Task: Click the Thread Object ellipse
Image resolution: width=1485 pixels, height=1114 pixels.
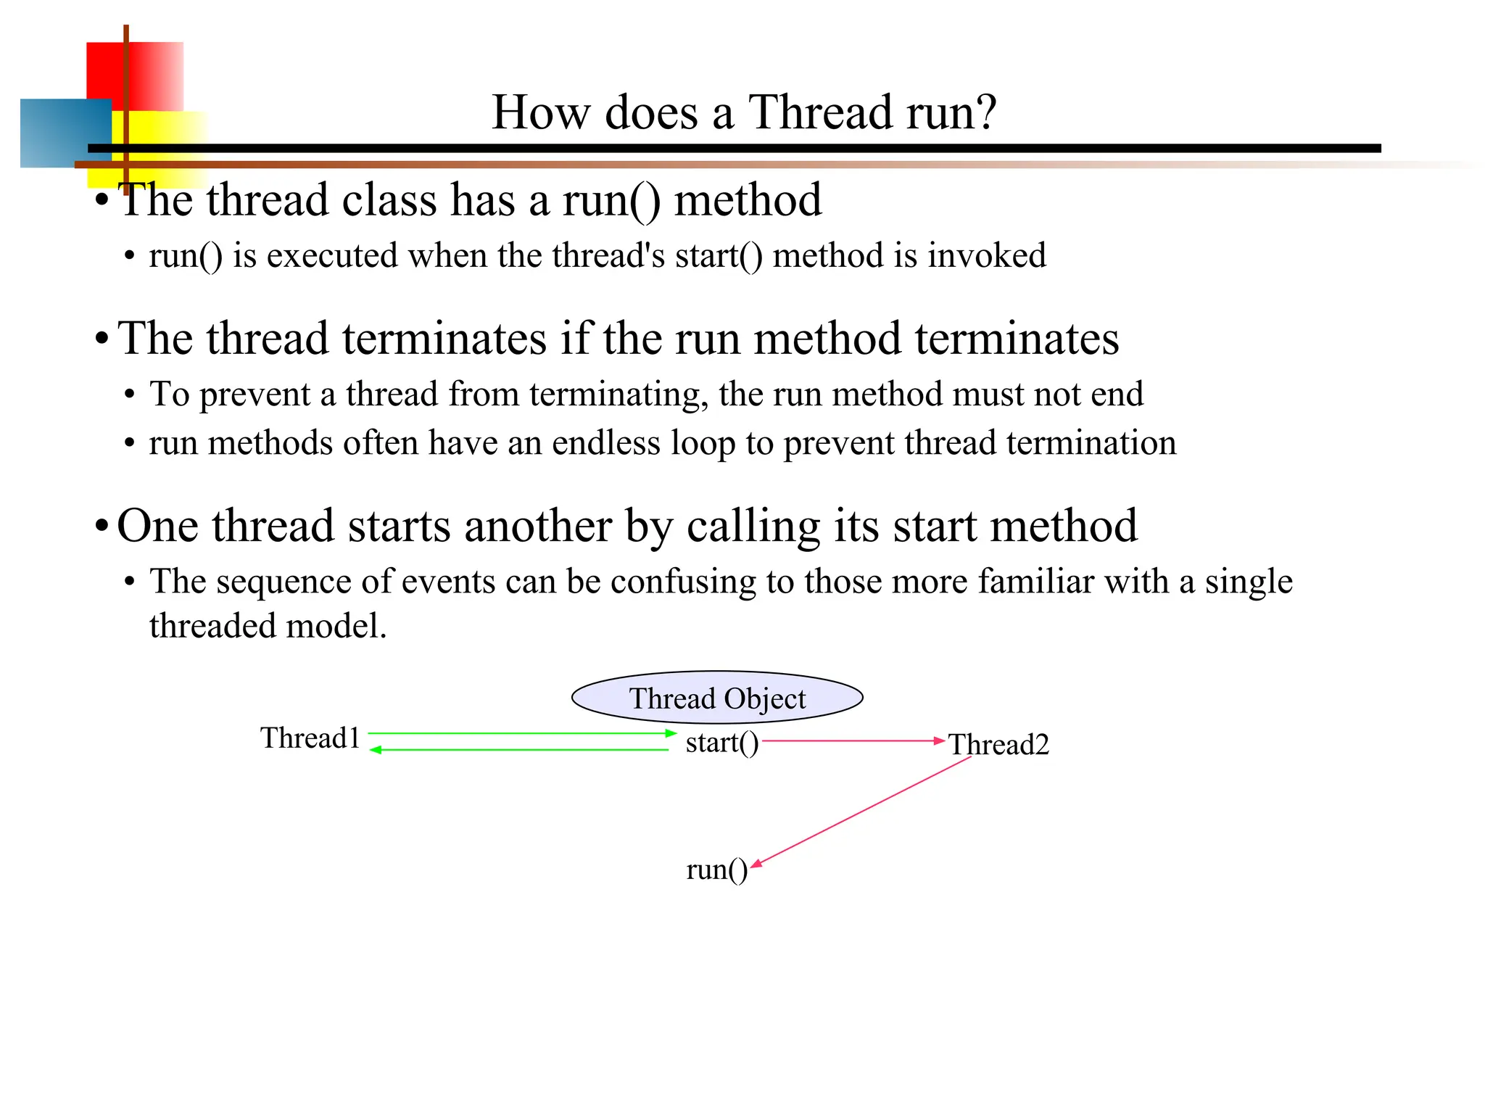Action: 717,697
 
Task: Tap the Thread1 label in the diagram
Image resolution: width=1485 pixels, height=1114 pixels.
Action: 310,738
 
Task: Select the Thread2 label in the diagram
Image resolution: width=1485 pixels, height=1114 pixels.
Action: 998,745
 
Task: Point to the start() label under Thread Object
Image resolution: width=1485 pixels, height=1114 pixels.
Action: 721,743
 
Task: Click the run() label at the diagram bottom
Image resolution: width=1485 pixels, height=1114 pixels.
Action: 716,869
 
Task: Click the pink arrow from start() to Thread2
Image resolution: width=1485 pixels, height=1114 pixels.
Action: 852,740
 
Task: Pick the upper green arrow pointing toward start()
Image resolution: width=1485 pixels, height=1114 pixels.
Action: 522,733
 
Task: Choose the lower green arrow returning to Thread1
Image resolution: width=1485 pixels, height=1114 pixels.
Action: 518,750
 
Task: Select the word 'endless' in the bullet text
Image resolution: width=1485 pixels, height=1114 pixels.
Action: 605,443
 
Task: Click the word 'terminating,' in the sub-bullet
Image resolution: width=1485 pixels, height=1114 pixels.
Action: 619,395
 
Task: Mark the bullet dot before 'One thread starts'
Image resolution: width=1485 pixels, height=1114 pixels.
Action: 102,526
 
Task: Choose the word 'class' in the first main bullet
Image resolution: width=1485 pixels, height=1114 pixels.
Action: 389,200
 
